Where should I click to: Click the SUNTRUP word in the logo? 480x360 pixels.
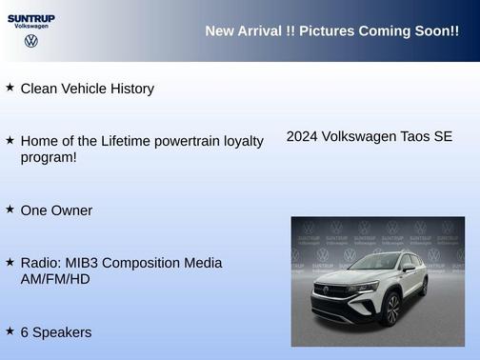[30, 17]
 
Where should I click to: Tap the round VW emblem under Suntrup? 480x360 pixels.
[31, 41]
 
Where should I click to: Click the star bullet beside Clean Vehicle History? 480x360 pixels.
[10, 88]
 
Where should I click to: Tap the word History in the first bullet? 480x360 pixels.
[129, 89]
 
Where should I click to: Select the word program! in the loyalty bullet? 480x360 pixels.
[49, 157]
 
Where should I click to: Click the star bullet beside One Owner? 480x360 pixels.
[10, 209]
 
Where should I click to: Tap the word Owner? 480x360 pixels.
[72, 210]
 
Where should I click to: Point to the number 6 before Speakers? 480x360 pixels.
[25, 332]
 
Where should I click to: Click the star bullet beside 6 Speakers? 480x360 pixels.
[10, 330]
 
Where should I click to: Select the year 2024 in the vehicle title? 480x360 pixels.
[302, 136]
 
